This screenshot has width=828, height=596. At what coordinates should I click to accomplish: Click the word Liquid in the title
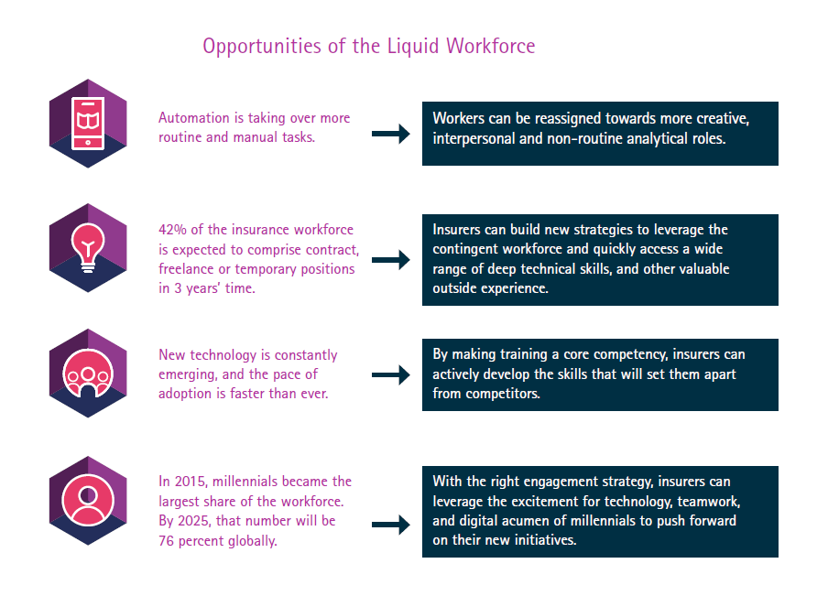click(413, 47)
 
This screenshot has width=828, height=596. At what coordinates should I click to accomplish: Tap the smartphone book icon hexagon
click(88, 124)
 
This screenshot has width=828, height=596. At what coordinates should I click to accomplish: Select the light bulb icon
click(88, 247)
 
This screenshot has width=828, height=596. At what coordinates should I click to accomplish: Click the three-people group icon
click(88, 374)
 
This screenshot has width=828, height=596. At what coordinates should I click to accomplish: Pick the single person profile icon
click(88, 500)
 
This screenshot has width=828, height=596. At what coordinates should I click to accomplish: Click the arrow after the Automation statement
click(391, 134)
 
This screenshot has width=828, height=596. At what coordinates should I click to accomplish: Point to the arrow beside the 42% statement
click(391, 260)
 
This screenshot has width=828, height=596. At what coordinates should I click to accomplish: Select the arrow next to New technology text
click(391, 374)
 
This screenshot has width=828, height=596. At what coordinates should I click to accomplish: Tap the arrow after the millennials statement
click(391, 525)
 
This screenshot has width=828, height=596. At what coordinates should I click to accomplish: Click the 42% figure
click(173, 230)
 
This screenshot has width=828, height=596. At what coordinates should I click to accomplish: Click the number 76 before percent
click(167, 540)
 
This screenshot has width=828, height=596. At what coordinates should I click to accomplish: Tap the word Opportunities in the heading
click(262, 48)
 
